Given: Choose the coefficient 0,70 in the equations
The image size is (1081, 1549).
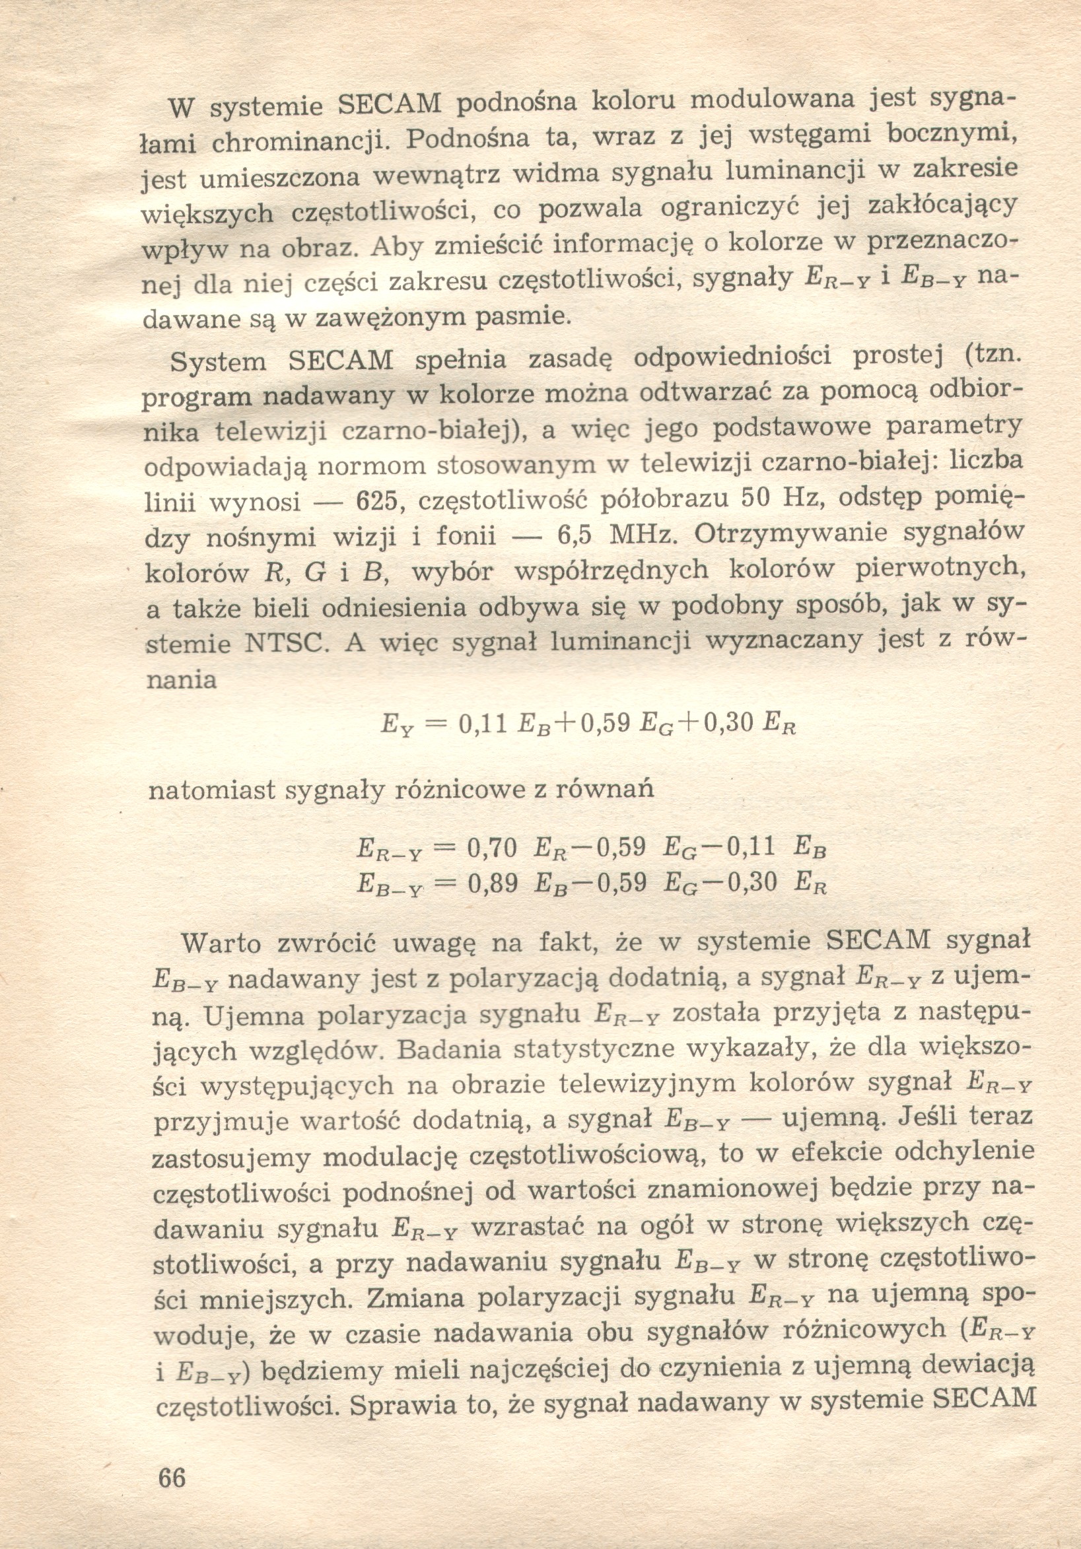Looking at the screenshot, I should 492,847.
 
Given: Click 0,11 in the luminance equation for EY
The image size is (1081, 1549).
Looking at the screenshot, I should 482,724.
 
